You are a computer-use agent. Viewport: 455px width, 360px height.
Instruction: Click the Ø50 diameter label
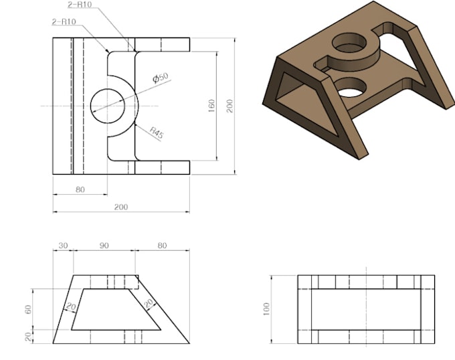(161, 78)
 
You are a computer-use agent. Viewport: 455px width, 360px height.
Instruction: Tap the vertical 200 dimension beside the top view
(230, 106)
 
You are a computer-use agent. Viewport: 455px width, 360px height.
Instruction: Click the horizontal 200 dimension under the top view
(120, 207)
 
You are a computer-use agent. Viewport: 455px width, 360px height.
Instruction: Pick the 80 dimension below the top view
(80, 189)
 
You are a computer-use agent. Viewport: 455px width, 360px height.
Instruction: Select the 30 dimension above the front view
(64, 246)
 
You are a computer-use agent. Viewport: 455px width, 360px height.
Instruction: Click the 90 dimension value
(104, 246)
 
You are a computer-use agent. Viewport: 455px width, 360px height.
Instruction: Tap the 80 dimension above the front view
(162, 246)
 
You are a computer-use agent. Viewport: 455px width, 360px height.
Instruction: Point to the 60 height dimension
(28, 309)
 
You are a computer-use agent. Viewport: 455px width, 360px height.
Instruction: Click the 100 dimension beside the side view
(268, 309)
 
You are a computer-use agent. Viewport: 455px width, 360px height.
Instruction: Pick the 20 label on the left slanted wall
(69, 306)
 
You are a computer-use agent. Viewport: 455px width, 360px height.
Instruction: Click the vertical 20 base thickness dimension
(28, 337)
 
